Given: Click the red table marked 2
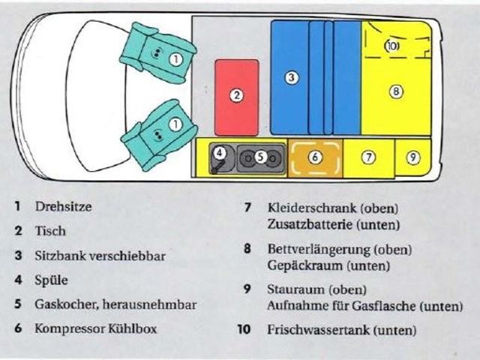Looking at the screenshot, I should [x=236, y=96].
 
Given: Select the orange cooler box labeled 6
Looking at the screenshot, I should [x=315, y=157].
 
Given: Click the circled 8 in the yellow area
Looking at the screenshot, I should [x=396, y=91].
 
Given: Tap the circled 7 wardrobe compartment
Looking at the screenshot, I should [x=368, y=157].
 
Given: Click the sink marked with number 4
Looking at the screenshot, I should [x=220, y=155].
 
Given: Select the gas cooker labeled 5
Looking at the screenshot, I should [x=260, y=157].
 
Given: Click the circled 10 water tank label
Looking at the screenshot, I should [x=392, y=46].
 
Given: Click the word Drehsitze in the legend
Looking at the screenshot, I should [x=63, y=207].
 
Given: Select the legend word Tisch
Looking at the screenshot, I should [x=50, y=231].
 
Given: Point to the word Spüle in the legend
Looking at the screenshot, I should [x=51, y=280].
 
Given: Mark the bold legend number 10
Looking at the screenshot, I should [x=244, y=329].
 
